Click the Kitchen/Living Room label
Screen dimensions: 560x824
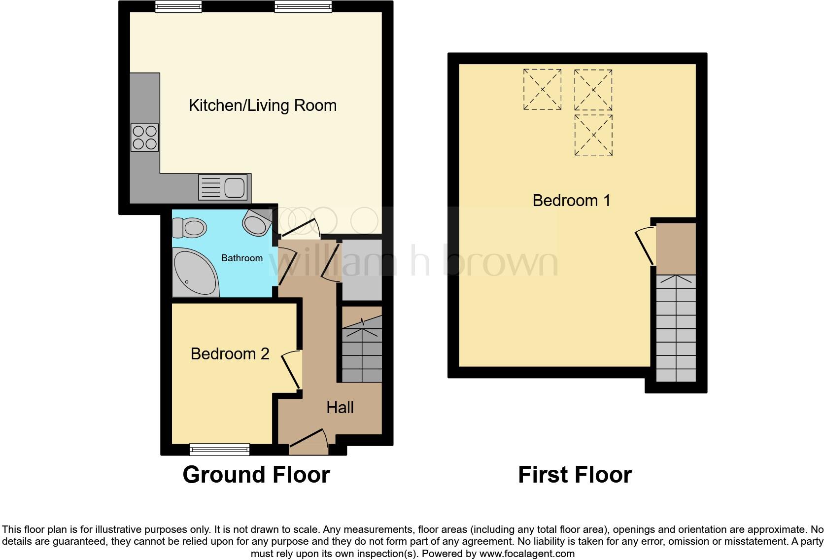263,105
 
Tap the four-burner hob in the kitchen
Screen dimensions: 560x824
145,137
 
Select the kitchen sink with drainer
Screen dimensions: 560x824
223,187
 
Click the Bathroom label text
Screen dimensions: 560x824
241,258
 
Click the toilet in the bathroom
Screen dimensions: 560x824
189,228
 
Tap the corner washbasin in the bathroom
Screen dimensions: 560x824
257,222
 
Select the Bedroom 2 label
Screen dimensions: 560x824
230,354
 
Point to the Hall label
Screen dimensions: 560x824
340,408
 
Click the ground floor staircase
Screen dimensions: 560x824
362,350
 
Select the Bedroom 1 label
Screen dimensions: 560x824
571,201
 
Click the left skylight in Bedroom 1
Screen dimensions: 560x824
542,89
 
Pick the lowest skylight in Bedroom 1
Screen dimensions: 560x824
593,135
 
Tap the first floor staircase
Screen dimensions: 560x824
676,328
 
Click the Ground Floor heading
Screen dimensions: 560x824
256,475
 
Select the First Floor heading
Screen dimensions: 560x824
575,475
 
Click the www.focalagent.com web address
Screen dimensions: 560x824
527,554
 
